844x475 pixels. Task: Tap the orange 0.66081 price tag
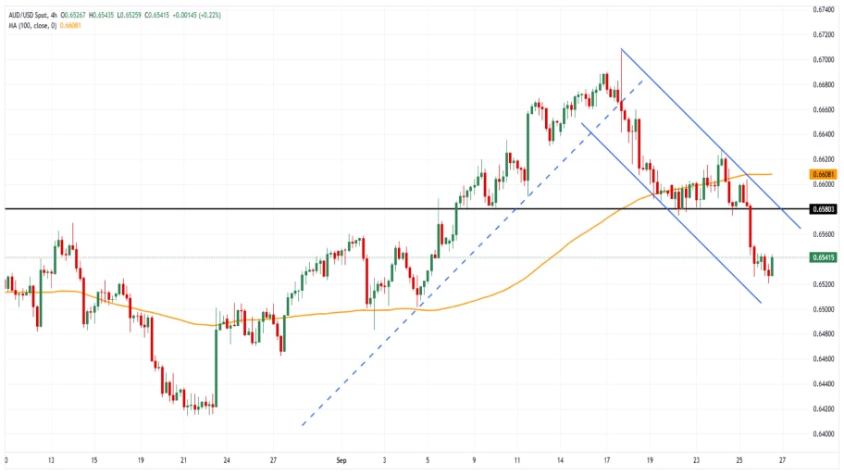(823, 174)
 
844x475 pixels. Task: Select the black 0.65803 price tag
(823, 209)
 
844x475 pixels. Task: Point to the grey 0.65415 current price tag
(823, 257)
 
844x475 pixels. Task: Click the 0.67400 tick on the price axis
(823, 9)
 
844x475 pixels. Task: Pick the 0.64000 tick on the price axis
(823, 433)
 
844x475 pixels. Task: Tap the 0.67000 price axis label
(823, 59)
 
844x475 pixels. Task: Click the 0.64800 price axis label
(823, 333)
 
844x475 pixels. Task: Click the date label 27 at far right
(783, 459)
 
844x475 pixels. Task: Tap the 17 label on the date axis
(606, 459)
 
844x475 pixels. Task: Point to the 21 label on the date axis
(184, 459)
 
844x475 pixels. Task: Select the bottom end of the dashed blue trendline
(302, 426)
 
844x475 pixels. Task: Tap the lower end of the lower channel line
(761, 302)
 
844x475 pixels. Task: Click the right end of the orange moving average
(772, 174)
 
